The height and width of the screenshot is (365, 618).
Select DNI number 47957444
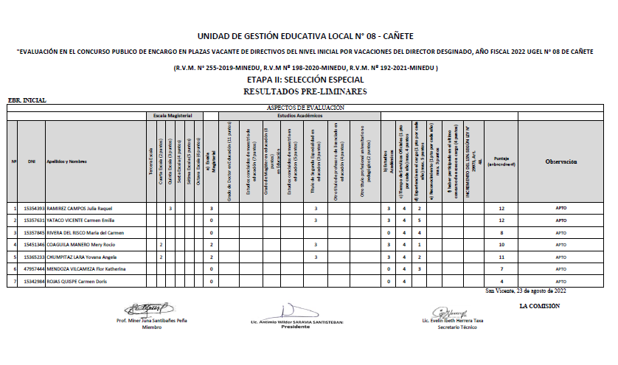pyautogui.click(x=35, y=269)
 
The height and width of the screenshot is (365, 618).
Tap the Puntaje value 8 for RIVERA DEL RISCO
pyautogui.click(x=501, y=233)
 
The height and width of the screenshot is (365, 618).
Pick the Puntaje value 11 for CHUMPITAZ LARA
pyautogui.click(x=501, y=257)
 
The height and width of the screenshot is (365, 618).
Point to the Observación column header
pyautogui.click(x=560, y=161)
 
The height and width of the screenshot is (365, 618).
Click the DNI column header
pyautogui.click(x=32, y=161)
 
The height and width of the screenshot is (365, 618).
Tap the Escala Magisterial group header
pyautogui.click(x=173, y=116)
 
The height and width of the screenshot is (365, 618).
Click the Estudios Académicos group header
pyautogui.click(x=300, y=116)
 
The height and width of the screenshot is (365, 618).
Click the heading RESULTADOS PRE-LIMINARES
pyautogui.click(x=305, y=91)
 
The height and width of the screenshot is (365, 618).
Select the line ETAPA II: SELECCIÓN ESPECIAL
pyautogui.click(x=305, y=80)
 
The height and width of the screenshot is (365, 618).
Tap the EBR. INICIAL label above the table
pyautogui.click(x=27, y=100)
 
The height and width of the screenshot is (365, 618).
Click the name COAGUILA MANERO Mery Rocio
pyautogui.click(x=80, y=245)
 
